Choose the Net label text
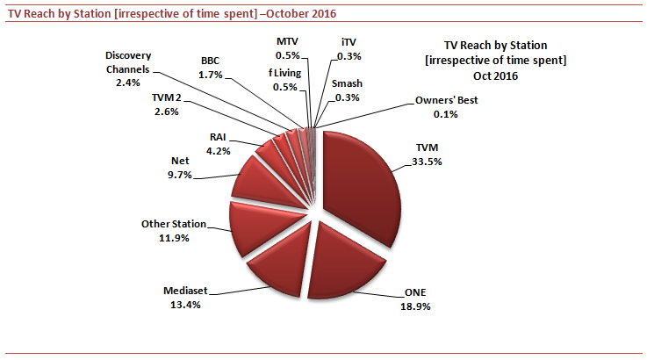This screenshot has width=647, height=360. [179, 162]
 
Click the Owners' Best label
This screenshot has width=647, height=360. [445, 100]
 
